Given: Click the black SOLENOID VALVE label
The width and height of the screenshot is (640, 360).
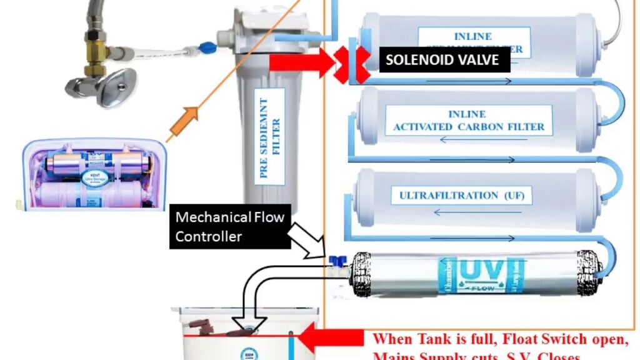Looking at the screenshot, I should tap(442, 60).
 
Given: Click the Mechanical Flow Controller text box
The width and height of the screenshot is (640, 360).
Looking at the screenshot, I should tap(230, 226).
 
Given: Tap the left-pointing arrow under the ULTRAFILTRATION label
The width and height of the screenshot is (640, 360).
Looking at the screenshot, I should tap(459, 212).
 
